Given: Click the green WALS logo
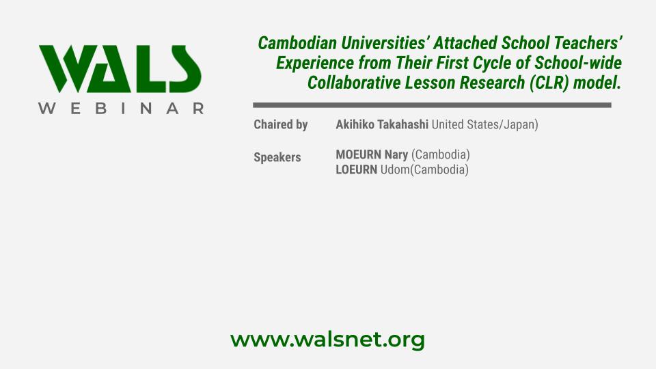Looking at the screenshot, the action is tap(120, 68).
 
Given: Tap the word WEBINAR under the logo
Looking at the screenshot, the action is tap(122, 109).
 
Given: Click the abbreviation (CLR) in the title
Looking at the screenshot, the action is tap(549, 83).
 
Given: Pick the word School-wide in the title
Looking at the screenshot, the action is tap(578, 63).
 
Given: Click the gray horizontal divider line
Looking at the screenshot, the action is tap(432, 105).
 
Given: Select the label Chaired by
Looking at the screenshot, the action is tap(281, 124).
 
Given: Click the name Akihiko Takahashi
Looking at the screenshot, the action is tap(382, 124).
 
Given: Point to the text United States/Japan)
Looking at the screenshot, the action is tap(485, 124).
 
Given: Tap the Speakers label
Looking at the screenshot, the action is tap(277, 157).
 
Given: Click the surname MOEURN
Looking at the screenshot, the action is tap(359, 155).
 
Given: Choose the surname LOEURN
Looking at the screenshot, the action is tap(357, 170).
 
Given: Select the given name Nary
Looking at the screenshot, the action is tap(396, 155).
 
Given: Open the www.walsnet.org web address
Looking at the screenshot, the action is tap(327, 340).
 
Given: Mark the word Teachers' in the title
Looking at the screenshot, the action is tap(588, 43).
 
